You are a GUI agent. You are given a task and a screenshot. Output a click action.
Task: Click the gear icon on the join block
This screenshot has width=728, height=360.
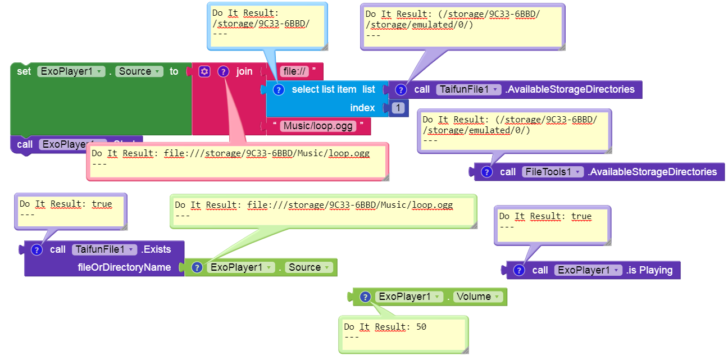coord(204,71)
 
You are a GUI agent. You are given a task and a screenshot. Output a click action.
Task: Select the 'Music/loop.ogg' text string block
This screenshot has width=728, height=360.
coord(319,126)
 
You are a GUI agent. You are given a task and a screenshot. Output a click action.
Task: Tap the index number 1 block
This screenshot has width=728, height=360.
coord(398,108)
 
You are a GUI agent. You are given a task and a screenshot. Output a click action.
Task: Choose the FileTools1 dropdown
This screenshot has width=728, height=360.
coord(553,172)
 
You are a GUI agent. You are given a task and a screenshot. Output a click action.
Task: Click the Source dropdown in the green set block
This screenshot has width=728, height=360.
coord(139,71)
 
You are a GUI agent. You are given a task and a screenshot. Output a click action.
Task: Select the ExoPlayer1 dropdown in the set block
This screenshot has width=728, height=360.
coord(71,71)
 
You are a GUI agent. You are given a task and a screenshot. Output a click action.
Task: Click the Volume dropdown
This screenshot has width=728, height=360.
coord(477,297)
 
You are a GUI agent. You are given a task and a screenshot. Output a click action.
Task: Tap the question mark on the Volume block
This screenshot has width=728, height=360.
coord(365,297)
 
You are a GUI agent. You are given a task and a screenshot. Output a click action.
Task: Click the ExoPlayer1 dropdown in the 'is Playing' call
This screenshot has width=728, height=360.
coord(588,270)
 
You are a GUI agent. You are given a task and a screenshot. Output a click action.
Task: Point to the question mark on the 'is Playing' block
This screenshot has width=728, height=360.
coord(519,270)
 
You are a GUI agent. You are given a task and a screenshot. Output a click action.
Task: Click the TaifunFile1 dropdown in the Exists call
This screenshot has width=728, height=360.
coord(104,249)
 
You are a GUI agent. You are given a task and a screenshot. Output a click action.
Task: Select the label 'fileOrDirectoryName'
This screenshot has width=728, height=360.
coord(124,267)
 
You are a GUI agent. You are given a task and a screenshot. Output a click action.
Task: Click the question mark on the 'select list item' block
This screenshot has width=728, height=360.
coord(278,89)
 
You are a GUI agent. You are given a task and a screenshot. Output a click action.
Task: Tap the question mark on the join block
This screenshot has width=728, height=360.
coord(223,71)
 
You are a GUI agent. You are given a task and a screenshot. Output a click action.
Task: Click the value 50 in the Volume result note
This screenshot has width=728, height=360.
coord(421,326)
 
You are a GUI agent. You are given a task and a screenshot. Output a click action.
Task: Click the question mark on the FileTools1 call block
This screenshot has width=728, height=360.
coord(487,172)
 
